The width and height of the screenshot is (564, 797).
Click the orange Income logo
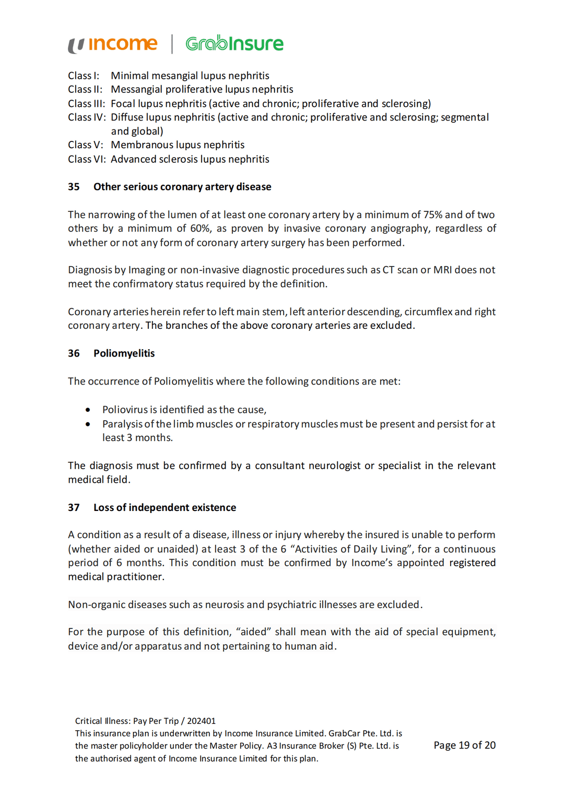[113, 44]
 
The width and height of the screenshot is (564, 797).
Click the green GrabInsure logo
[234, 44]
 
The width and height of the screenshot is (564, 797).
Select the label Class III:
[86, 103]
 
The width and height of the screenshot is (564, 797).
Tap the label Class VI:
[87, 159]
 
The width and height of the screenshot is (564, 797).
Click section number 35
[74, 187]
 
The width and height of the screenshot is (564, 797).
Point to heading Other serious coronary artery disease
[182, 187]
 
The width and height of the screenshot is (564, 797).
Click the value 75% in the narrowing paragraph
[433, 215]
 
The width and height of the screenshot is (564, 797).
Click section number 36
[74, 353]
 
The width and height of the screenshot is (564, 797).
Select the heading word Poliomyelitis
[124, 353]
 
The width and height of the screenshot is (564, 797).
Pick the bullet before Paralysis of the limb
[88, 424]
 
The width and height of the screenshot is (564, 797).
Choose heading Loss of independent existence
[164, 507]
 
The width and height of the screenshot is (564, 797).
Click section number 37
[74, 507]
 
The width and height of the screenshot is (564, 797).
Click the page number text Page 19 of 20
[464, 745]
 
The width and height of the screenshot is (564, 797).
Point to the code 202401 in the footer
[201, 721]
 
